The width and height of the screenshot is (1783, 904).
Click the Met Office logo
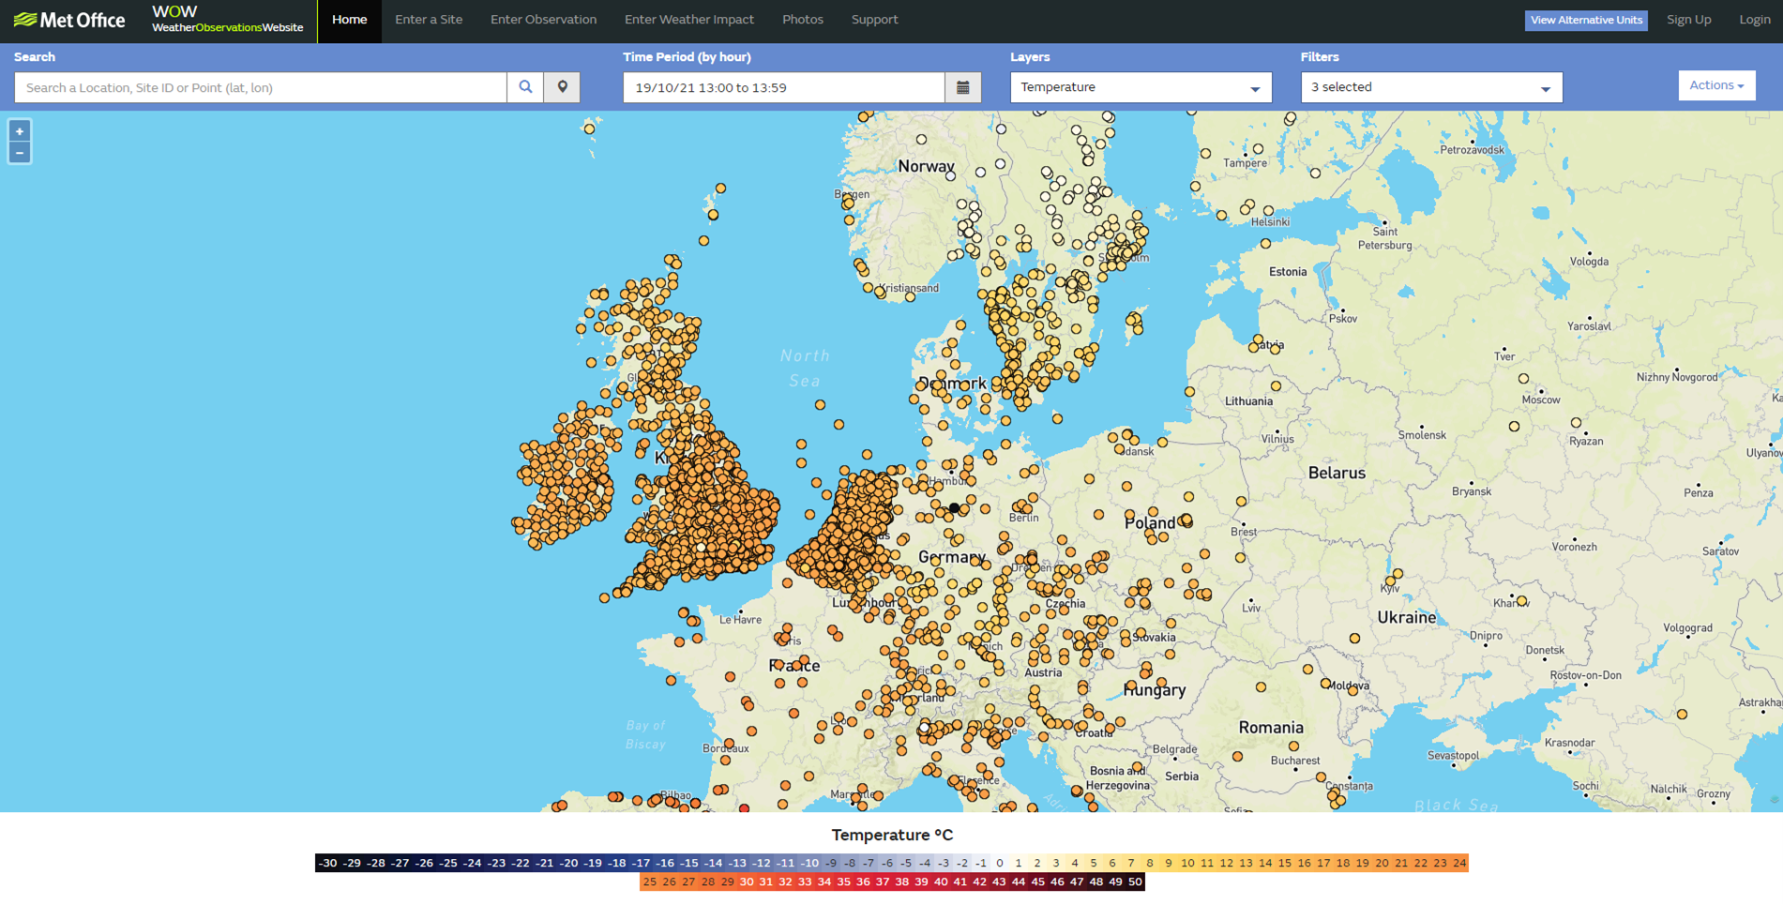pyautogui.click(x=69, y=20)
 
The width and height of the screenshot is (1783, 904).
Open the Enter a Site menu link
pyautogui.click(x=429, y=20)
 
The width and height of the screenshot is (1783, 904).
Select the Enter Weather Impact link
pyautogui.click(x=688, y=20)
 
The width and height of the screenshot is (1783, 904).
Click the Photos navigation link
pyautogui.click(x=802, y=20)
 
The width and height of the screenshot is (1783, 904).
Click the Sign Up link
pyautogui.click(x=1688, y=20)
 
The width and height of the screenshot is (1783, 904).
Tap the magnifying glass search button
pyautogui.click(x=525, y=87)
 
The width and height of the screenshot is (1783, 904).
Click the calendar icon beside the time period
pyautogui.click(x=962, y=87)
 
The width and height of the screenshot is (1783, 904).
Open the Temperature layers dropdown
pyautogui.click(x=1140, y=87)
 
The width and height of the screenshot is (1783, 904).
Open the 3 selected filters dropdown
pyautogui.click(x=1430, y=87)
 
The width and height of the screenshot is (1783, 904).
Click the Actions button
pyautogui.click(x=1715, y=85)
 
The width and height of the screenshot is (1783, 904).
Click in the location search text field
pyautogui.click(x=261, y=87)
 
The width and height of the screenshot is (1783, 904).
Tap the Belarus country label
pyautogui.click(x=1337, y=474)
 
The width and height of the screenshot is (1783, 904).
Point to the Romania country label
pyautogui.click(x=1270, y=728)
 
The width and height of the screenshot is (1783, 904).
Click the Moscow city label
pyautogui.click(x=1540, y=399)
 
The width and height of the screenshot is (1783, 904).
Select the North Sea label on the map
pyautogui.click(x=805, y=368)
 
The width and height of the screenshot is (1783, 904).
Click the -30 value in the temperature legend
pyautogui.click(x=326, y=863)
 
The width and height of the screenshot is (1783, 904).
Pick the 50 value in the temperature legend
pyautogui.click(x=1135, y=882)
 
